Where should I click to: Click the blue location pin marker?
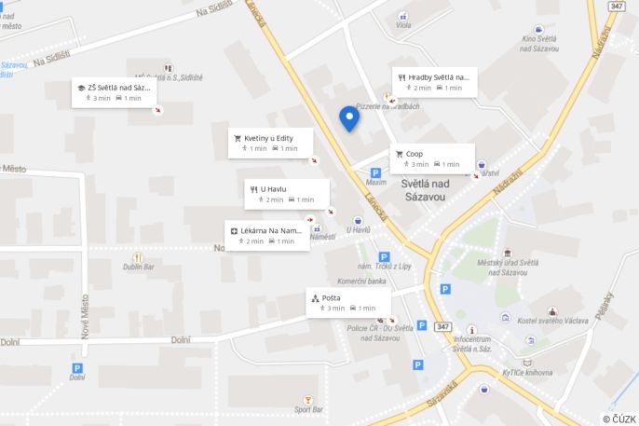click(x=349, y=117)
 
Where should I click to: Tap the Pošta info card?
click(x=348, y=302)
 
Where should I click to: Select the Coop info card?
click(x=432, y=158)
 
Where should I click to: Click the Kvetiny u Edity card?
click(x=271, y=143)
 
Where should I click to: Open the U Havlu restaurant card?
click(x=287, y=194)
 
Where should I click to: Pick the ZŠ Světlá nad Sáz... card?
click(x=114, y=92)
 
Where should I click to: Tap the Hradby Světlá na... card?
click(x=435, y=82)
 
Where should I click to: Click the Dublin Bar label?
click(x=139, y=267)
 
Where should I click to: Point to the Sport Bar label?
click(x=308, y=409)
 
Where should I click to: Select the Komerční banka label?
click(x=361, y=282)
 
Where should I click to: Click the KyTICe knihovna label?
click(x=526, y=371)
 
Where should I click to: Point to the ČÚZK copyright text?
click(x=619, y=419)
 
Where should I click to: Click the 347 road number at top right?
click(x=616, y=7)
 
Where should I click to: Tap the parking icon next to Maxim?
click(x=375, y=172)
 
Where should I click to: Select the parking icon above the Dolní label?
click(x=77, y=368)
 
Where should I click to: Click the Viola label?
click(x=403, y=25)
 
